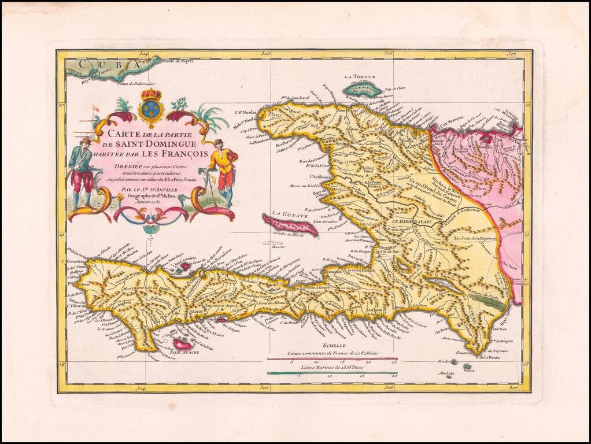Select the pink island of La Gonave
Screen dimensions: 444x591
click(290, 225)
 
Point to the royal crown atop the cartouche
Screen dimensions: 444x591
click(152, 94)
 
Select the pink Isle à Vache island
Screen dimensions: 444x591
click(183, 345)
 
